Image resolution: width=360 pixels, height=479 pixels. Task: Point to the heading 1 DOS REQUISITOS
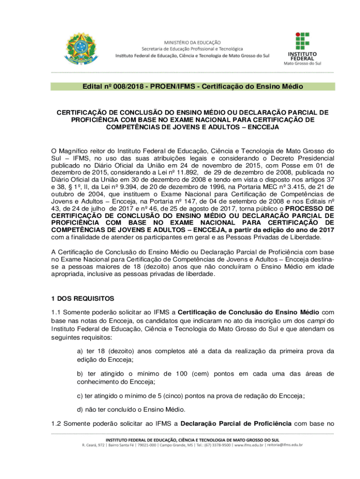coord(82,298)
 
